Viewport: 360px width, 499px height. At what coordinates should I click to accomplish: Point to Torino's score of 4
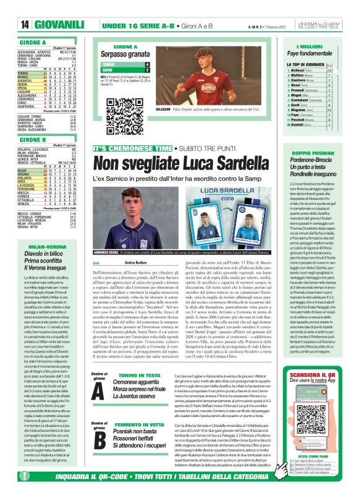[147, 65]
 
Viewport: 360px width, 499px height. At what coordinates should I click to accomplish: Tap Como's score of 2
[147, 71]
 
